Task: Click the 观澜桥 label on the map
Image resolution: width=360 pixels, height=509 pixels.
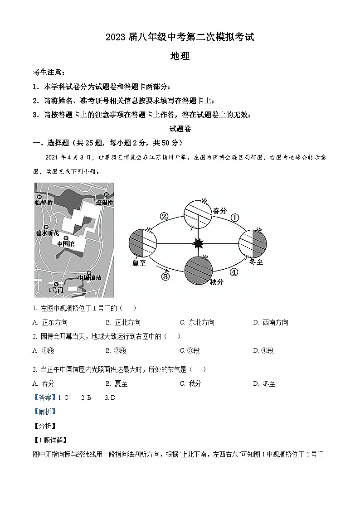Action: pyautogui.click(x=104, y=202)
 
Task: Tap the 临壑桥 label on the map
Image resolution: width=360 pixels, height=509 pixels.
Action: pyautogui.click(x=44, y=203)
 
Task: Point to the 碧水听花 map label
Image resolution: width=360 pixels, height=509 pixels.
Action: pyautogui.click(x=47, y=233)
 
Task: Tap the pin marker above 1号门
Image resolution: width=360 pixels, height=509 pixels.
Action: pyautogui.click(x=56, y=284)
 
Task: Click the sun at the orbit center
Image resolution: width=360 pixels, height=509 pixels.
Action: pyautogui.click(x=198, y=244)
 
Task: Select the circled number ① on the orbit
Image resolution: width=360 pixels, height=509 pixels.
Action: pyautogui.click(x=234, y=218)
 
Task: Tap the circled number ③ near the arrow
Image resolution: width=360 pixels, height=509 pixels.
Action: pyautogui.click(x=165, y=276)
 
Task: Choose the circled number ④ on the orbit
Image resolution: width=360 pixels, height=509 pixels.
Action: pyautogui.click(x=234, y=272)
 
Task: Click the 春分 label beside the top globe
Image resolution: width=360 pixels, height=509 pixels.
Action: pyautogui.click(x=219, y=210)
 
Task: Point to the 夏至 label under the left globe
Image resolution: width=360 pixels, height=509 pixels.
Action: pyautogui.click(x=139, y=262)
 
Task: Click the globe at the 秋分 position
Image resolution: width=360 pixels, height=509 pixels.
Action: pyautogui.click(x=198, y=270)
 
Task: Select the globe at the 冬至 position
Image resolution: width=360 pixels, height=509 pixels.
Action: pyautogui.click(x=253, y=244)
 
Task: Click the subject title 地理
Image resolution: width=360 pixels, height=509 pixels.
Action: pyautogui.click(x=180, y=56)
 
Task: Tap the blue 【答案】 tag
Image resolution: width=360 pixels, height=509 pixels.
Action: pyautogui.click(x=45, y=398)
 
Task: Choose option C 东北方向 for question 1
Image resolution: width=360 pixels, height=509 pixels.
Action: pyautogui.click(x=197, y=322)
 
